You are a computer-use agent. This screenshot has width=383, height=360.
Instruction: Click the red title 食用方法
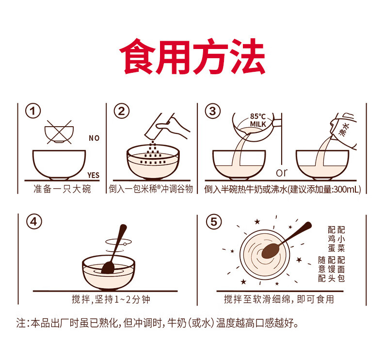192,56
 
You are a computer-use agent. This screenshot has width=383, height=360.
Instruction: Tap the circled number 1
33,111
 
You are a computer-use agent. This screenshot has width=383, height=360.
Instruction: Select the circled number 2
121,111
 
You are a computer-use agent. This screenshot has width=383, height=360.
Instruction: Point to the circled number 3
212,111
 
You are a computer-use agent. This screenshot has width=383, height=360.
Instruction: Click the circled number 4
34,222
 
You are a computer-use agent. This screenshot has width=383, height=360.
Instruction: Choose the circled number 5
214,222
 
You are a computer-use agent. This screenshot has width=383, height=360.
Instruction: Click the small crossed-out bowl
59,132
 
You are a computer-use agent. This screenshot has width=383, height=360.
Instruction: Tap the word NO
94,138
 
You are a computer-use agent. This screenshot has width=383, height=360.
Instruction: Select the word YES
94,175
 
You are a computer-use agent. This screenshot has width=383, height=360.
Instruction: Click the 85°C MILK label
258,120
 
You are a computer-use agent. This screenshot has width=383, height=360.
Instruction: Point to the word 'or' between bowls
282,173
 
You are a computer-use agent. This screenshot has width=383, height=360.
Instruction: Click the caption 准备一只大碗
62,189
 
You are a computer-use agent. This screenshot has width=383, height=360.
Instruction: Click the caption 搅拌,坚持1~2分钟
111,299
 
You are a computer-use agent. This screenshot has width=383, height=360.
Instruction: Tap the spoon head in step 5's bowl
271,250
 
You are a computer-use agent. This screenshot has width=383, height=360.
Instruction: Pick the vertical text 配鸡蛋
332,239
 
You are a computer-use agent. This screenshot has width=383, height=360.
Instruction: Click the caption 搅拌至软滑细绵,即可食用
279,299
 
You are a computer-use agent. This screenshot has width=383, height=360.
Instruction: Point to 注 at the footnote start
21,323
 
